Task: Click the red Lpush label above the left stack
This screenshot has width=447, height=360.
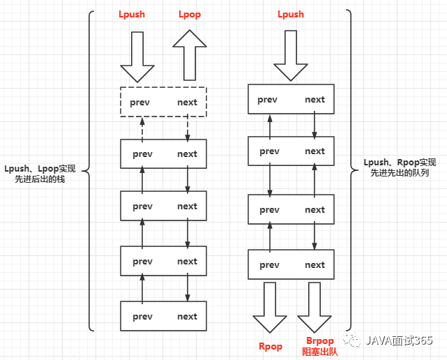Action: click(132, 14)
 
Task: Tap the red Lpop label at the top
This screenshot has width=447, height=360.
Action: click(190, 14)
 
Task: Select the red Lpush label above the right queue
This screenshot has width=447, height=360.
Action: click(291, 14)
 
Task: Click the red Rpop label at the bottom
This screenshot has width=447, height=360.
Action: click(271, 346)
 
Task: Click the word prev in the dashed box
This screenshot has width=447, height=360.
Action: click(142, 102)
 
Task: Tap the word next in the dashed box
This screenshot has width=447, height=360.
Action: click(187, 102)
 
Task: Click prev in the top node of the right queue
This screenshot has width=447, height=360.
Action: click(267, 100)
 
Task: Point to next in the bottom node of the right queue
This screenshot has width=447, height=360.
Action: click(315, 265)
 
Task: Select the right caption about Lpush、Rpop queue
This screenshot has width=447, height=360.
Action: click(400, 167)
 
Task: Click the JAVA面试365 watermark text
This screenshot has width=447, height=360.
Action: click(402, 341)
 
